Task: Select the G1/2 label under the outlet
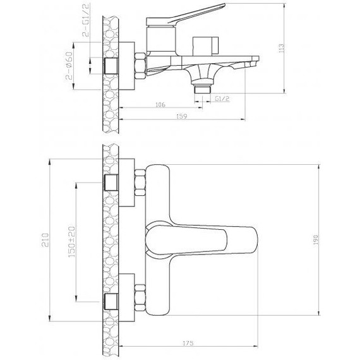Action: click(222, 99)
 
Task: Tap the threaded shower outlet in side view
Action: click(203, 90)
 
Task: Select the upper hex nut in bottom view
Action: click(141, 184)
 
